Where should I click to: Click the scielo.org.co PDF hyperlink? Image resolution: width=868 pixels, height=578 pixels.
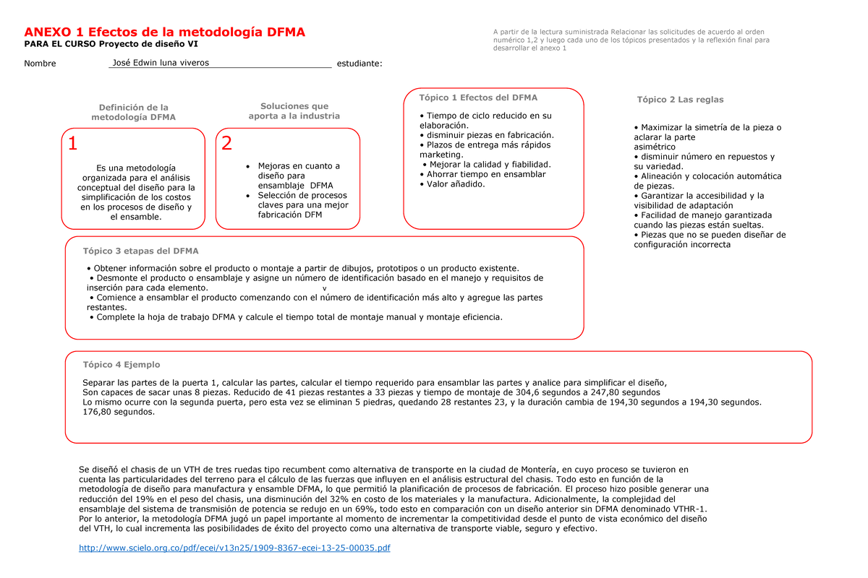[x=234, y=548]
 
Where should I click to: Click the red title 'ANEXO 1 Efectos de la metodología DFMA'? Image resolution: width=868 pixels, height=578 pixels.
[x=165, y=33]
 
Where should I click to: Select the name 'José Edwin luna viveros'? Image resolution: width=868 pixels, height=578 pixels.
[x=156, y=63]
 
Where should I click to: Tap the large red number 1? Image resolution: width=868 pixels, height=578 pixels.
[x=72, y=144]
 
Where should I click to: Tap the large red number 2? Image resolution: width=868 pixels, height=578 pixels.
[x=227, y=144]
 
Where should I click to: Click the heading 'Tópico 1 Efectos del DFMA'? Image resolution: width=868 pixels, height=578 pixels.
[x=478, y=98]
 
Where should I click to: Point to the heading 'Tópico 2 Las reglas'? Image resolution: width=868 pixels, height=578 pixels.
[x=680, y=100]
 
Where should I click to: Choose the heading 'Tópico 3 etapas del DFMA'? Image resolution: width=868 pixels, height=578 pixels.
[x=141, y=251]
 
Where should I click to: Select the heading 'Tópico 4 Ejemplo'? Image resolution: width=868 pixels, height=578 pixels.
[x=122, y=365]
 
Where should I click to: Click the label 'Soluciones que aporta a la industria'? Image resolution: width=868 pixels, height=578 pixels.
[x=294, y=111]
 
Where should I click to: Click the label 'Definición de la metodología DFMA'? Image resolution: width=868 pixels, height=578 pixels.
[x=133, y=113]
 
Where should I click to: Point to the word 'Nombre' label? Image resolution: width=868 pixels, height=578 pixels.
[x=40, y=64]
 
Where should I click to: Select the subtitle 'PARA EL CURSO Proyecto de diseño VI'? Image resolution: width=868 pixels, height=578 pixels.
[x=116, y=45]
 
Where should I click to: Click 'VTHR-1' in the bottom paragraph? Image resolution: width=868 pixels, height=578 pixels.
[x=690, y=509]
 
